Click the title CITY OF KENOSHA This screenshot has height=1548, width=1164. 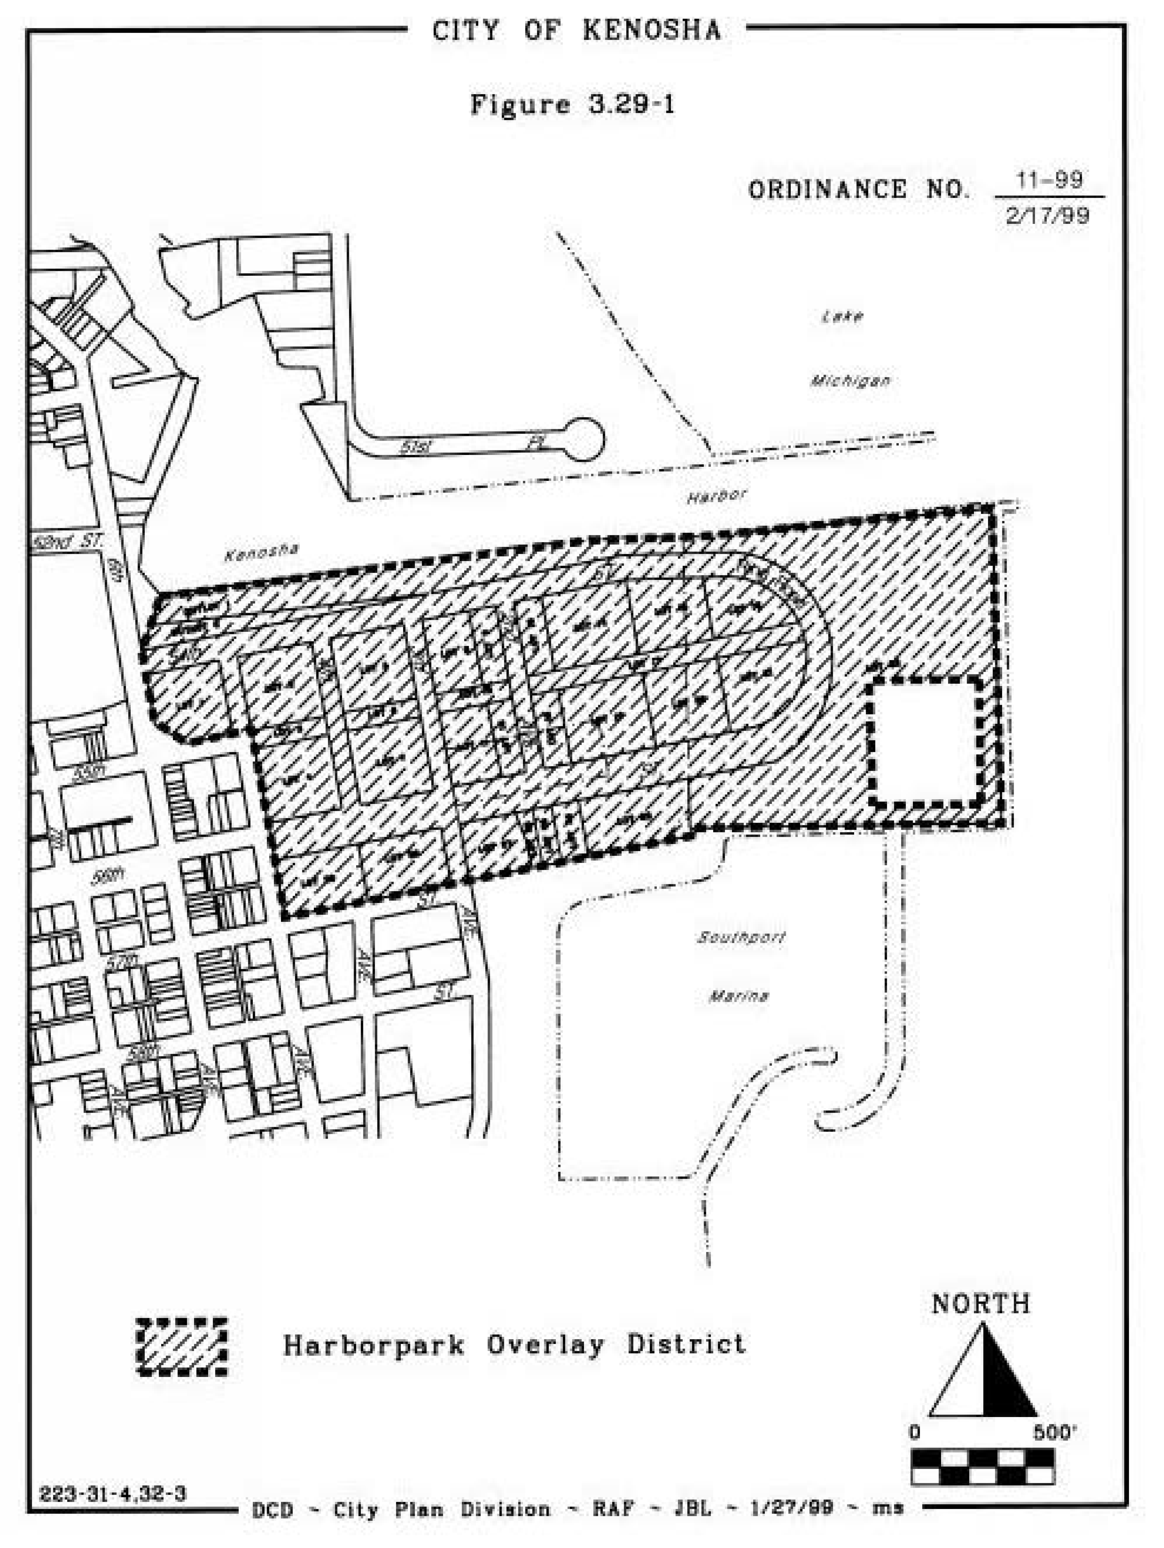[576, 31]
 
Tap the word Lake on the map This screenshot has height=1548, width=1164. [842, 316]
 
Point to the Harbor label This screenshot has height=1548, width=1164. [716, 496]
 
